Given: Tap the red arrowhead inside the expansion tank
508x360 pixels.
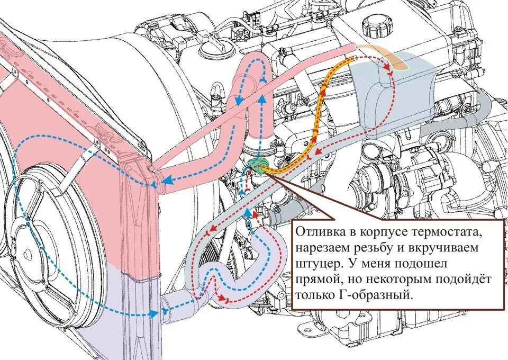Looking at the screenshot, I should [391, 68].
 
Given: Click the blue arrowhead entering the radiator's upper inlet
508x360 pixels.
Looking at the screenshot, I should [166, 181].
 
